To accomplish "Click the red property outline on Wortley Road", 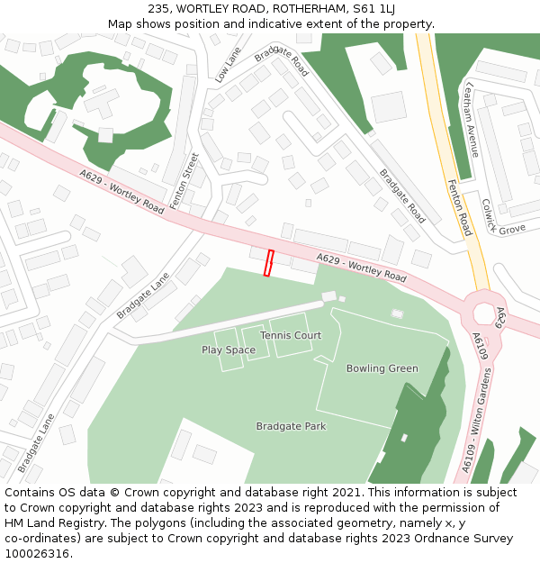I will tap(268, 263).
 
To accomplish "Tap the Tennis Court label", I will tap(291, 335).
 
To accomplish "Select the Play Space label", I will tap(229, 350).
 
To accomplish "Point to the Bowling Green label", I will tap(382, 368).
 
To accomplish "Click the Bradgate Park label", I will tap(291, 426).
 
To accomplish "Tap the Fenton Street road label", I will tap(184, 181).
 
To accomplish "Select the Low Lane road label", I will tap(228, 66).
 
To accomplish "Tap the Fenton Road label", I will tap(458, 206).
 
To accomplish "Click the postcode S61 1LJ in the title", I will tap(373, 9).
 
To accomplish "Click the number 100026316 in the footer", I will tap(37, 553).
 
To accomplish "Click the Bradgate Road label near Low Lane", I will tap(282, 60).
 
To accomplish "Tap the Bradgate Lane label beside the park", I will tap(142, 295).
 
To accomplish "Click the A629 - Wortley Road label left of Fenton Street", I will tap(121, 192).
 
